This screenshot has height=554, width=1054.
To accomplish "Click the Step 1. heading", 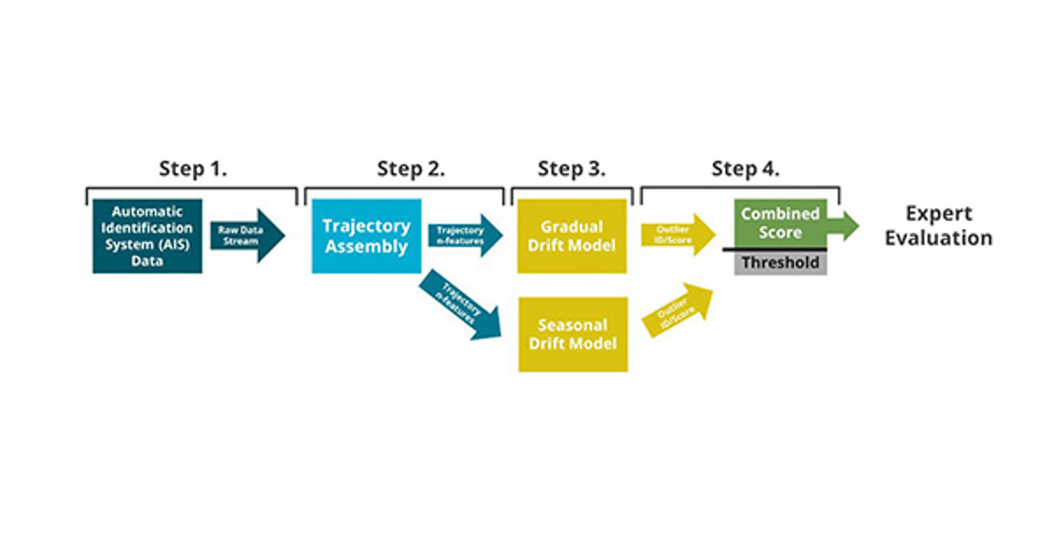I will (192, 169).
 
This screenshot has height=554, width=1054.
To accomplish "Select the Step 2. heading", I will (411, 169).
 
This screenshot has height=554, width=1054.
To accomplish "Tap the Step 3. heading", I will (572, 169).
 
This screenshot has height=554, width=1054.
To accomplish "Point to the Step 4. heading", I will (746, 169).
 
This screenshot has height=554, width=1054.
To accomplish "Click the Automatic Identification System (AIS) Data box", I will (147, 236).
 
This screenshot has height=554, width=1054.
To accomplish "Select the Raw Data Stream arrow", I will (247, 236).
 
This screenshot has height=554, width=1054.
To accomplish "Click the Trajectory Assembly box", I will (366, 236).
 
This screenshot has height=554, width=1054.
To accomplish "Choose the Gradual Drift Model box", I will (572, 236).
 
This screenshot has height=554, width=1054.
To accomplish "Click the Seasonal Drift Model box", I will (572, 334).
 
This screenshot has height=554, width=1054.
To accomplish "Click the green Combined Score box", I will (780, 222).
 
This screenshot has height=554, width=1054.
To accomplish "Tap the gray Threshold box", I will (780, 263).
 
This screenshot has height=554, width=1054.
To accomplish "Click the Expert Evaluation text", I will (938, 226).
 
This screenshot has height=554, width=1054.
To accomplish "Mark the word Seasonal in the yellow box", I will (572, 325).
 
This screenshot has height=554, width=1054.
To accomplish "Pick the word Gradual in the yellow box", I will (572, 227).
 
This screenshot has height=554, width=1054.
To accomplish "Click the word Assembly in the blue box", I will (366, 246).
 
